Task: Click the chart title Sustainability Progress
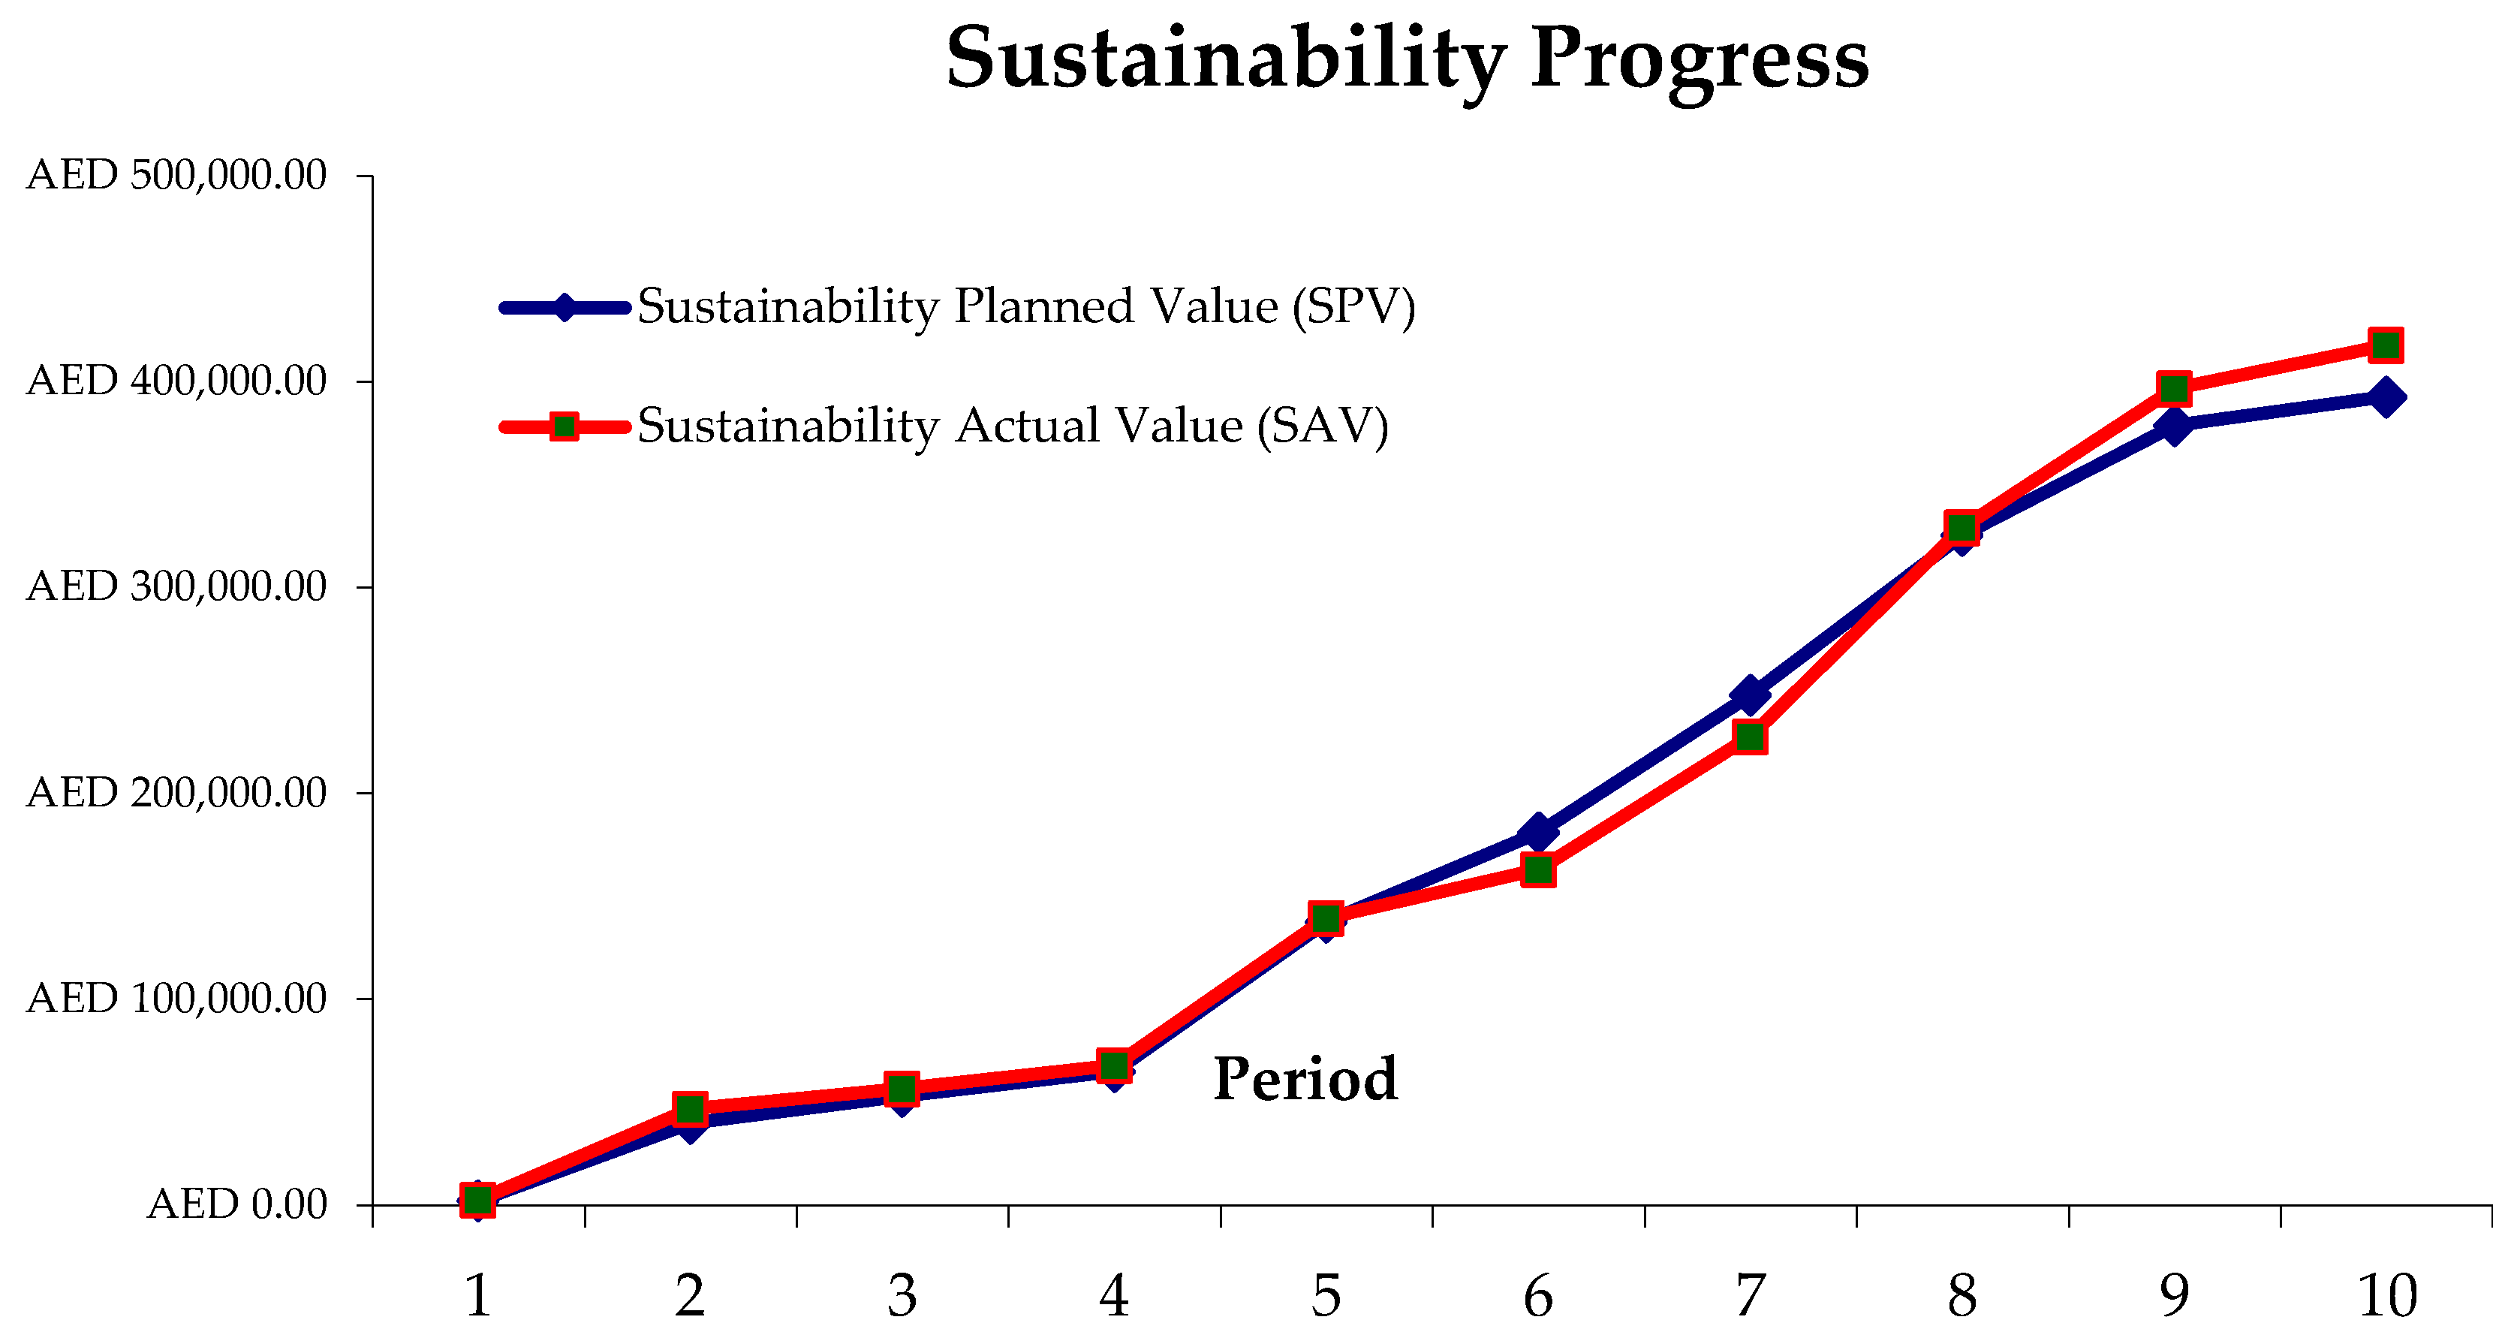1407,59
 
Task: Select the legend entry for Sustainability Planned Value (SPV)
1026,307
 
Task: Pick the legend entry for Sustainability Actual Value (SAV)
1012,426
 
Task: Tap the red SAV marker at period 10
2385,345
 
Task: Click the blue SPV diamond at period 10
2385,397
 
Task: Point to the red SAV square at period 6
1538,869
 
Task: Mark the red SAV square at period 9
2174,389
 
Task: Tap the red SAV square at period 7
1750,736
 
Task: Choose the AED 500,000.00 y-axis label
176,176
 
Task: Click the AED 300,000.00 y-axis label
176,587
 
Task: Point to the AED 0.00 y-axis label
236,1205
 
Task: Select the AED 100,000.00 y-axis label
176,999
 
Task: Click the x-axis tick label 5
1326,1296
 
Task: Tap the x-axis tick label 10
2387,1296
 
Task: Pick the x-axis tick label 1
477,1296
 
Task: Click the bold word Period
1305,1080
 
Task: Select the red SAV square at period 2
690,1108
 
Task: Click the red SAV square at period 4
1114,1065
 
